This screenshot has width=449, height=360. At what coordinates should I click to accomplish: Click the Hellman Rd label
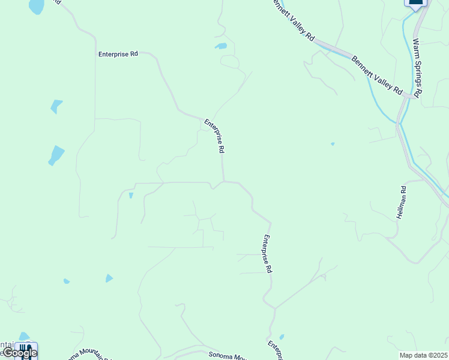coord(403,203)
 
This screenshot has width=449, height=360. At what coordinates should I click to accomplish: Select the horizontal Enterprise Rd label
coord(118,54)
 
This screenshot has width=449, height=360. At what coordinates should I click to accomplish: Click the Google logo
coord(20,353)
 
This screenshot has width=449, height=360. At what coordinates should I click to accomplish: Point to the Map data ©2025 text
coord(424,355)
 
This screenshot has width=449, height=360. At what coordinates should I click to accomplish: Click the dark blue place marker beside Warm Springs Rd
coord(415,4)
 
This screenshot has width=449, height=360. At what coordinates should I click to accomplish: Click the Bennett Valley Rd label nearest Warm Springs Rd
coord(377,74)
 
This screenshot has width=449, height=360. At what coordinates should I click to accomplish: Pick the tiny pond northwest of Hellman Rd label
coord(333,144)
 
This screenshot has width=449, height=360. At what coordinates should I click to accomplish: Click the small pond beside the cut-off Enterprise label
coord(282,337)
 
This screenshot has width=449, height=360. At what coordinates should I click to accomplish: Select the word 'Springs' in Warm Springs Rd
coord(417,71)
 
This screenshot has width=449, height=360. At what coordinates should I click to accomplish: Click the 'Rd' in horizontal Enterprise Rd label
coord(134,54)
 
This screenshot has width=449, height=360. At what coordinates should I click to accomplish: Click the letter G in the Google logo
coord(8,353)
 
